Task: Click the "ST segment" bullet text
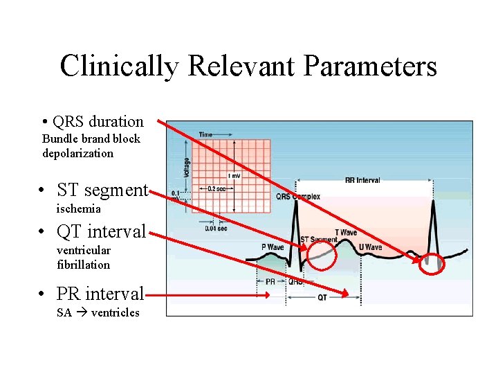[102, 190]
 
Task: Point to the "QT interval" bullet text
[102, 231]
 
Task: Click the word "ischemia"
[79, 208]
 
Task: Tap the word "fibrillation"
[84, 265]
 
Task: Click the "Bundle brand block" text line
[91, 139]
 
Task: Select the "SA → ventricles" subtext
[98, 312]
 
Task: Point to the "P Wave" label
[273, 247]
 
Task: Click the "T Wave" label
[346, 233]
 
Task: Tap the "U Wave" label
[369, 247]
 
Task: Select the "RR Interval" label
[362, 180]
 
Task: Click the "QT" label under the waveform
[322, 297]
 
